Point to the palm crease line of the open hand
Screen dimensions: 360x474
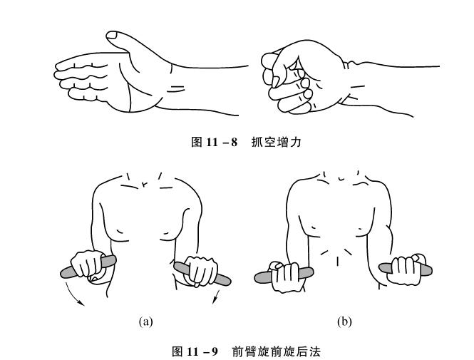point(129,96)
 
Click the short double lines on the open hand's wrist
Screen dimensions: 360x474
point(177,88)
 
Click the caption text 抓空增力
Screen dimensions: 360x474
point(277,142)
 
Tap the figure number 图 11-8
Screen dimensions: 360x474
point(215,142)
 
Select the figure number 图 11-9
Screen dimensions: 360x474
point(195,351)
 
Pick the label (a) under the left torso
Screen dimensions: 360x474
point(145,322)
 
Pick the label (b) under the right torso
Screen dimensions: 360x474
point(344,322)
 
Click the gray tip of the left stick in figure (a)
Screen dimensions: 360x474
point(66,272)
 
